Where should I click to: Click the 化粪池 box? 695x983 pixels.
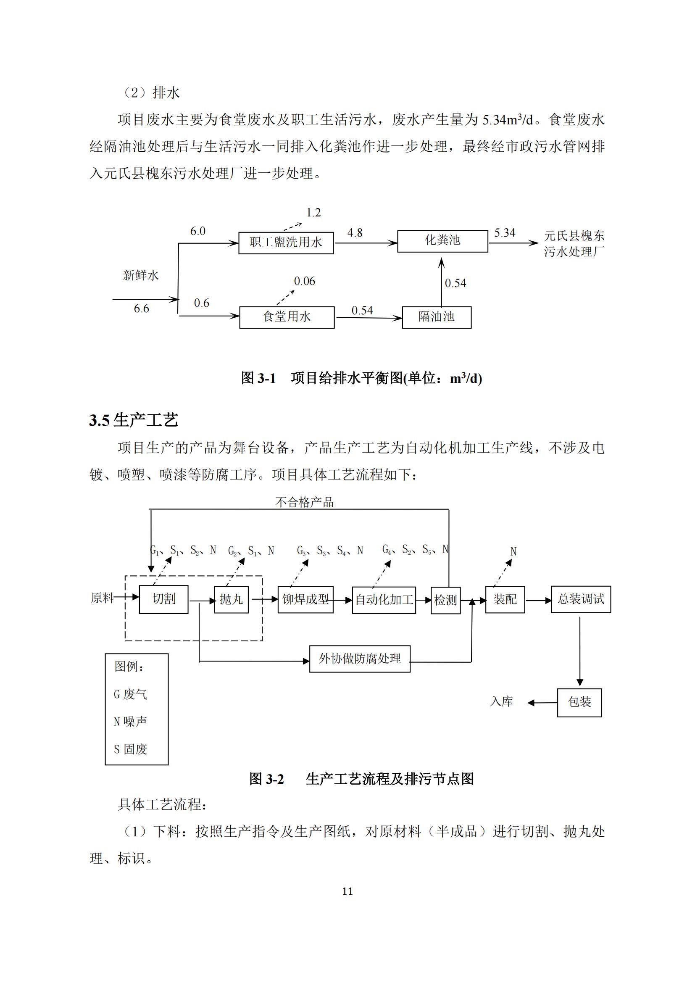point(442,241)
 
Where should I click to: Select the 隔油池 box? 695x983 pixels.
point(437,317)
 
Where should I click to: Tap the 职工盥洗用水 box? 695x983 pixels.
point(286,243)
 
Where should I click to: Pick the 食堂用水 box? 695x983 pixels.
point(287,317)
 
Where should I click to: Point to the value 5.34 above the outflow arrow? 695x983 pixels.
point(505,233)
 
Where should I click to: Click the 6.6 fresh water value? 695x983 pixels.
point(142,309)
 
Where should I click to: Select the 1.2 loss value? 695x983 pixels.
point(314,213)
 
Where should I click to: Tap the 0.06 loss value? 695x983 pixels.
point(304,281)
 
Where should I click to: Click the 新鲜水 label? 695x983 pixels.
point(141,275)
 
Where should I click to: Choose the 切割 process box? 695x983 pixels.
point(163,599)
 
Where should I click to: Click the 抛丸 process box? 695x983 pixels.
point(231,599)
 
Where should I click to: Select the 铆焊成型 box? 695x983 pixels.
point(305,599)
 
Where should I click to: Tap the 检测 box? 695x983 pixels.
point(445,600)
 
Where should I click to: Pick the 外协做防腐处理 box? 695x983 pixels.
point(360,659)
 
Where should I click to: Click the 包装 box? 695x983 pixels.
point(579,703)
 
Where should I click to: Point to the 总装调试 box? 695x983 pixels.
point(581,599)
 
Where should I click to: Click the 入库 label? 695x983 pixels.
point(501,702)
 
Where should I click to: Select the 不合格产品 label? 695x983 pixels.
point(304,502)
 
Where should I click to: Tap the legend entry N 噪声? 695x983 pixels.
point(131,722)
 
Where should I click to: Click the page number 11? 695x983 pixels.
point(347,892)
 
